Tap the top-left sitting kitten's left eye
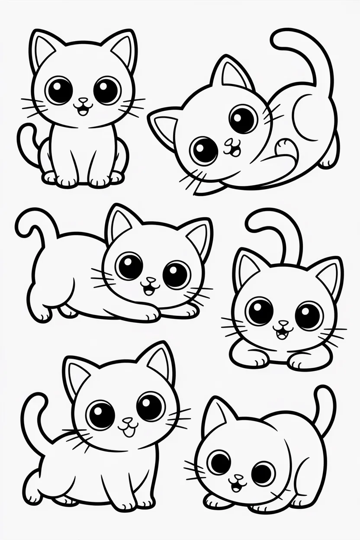(x=58, y=90)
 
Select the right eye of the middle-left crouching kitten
(x=177, y=274)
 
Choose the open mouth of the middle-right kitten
(x=282, y=332)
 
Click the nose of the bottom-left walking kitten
(x=126, y=420)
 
